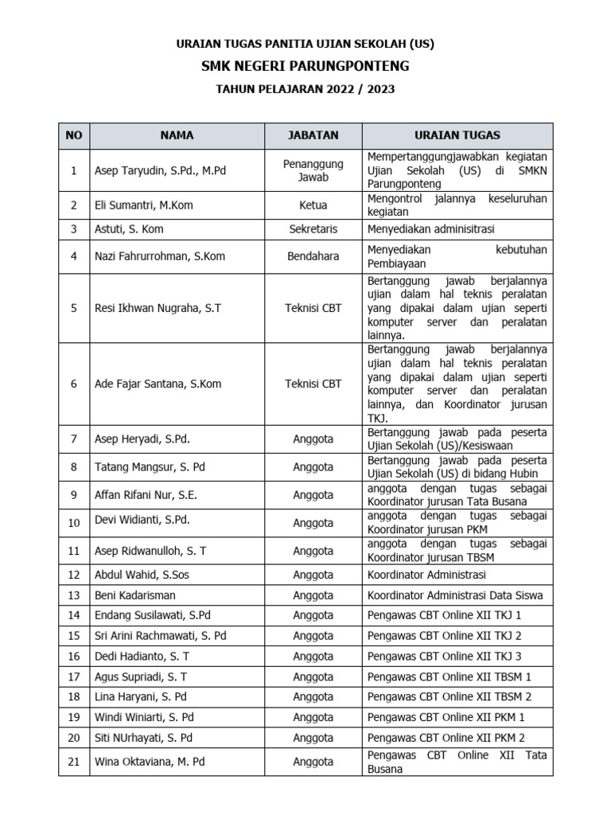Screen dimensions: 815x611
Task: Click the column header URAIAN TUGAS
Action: pyautogui.click(x=457, y=135)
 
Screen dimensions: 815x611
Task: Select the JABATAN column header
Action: pyautogui.click(x=313, y=135)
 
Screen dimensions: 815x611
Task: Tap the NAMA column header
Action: pyautogui.click(x=177, y=135)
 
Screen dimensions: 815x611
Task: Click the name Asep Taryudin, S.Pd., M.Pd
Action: pyautogui.click(x=160, y=170)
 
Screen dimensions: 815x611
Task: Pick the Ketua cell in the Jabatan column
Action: pyautogui.click(x=313, y=205)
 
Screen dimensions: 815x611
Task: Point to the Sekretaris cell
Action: pyautogui.click(x=313, y=229)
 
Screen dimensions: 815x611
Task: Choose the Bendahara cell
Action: pyautogui.click(x=313, y=256)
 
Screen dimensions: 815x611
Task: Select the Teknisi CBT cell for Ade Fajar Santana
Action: pyautogui.click(x=313, y=384)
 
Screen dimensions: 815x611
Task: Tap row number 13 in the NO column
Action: pyautogui.click(x=74, y=595)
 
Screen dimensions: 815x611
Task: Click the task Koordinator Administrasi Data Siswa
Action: pyautogui.click(x=449, y=595)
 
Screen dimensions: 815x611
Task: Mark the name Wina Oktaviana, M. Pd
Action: pyautogui.click(x=150, y=762)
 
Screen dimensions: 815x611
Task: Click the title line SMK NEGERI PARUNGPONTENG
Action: pyautogui.click(x=305, y=66)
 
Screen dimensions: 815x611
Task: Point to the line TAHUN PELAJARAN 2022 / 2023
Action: pyautogui.click(x=305, y=90)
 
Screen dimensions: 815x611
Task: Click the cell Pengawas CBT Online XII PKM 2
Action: pyautogui.click(x=446, y=738)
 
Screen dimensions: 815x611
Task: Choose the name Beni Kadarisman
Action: pyautogui.click(x=135, y=595)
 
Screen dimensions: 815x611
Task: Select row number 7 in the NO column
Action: pyautogui.click(x=74, y=439)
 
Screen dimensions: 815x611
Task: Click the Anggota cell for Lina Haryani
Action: pyautogui.click(x=313, y=697)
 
